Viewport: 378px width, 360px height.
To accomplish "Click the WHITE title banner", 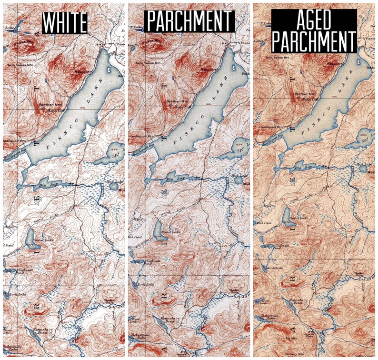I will [x=65, y=22].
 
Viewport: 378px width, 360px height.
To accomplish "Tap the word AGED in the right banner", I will [x=314, y=20].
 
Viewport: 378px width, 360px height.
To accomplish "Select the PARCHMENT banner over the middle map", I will [x=190, y=21].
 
